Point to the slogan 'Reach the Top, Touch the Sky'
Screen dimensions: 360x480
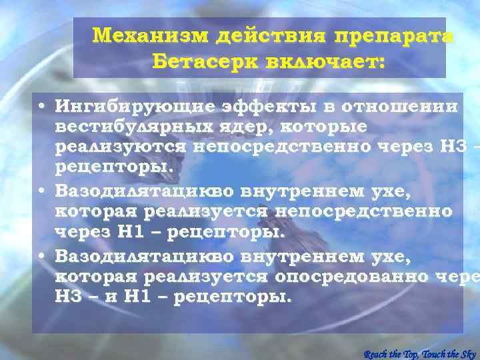tap(420, 353)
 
